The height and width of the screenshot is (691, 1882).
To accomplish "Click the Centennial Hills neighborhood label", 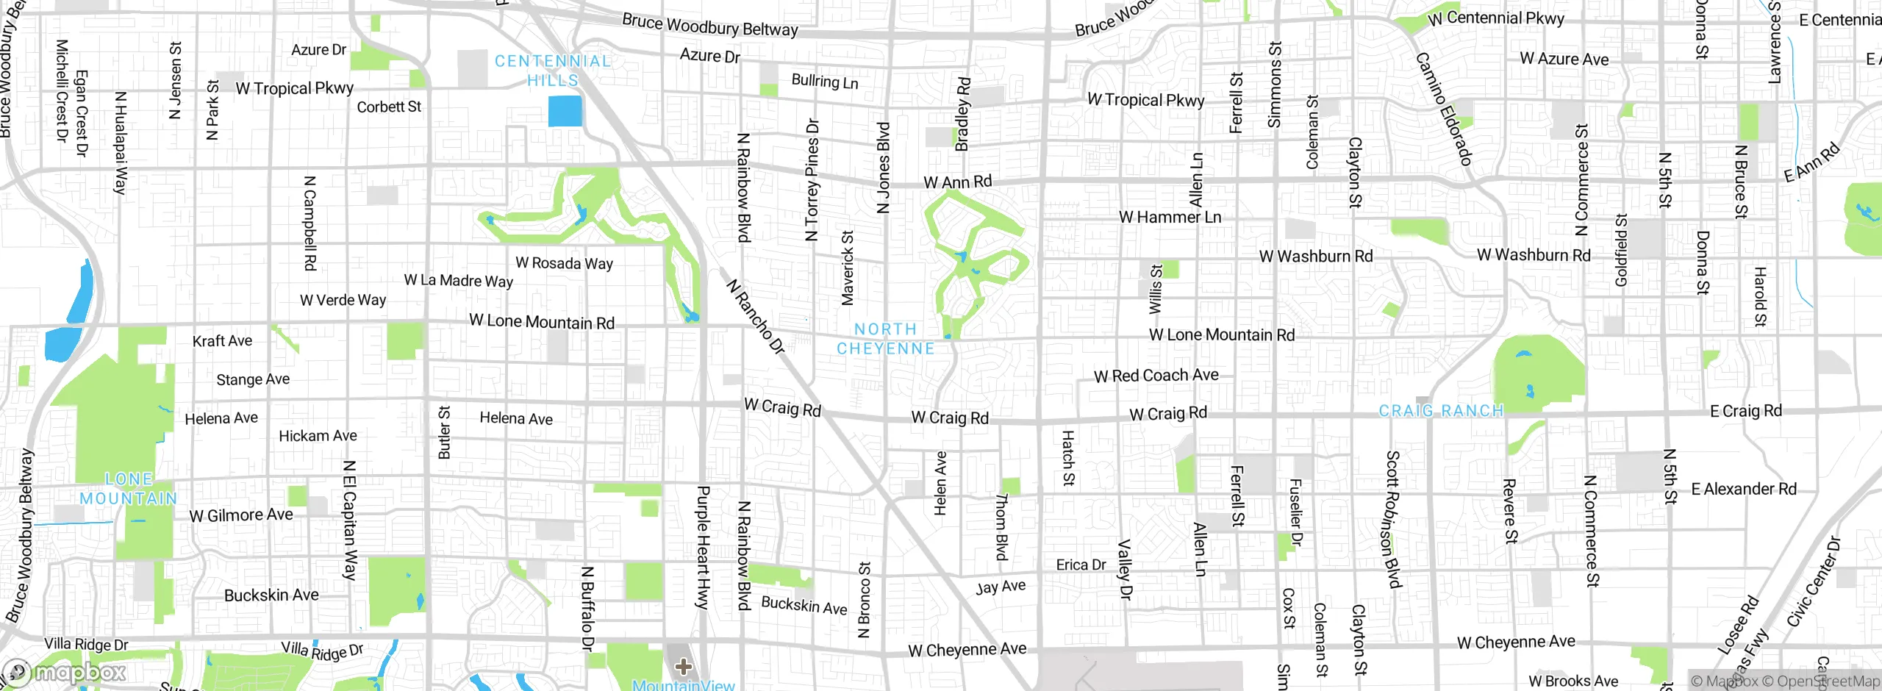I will point(553,71).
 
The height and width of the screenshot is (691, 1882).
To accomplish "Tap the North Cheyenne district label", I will point(886,339).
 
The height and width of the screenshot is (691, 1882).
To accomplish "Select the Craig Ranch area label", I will point(1441,411).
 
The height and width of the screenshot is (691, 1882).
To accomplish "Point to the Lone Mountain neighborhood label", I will point(129,489).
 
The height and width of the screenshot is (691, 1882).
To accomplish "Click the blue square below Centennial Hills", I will point(565,112).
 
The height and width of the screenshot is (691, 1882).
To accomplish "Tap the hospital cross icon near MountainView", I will point(684,667).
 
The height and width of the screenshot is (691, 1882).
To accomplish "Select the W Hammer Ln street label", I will point(1170,217).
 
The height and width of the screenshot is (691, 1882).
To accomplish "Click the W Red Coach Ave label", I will point(1156,376).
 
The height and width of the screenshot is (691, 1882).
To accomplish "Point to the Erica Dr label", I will point(1081,565).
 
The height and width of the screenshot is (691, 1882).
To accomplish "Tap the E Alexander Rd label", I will point(1743,489).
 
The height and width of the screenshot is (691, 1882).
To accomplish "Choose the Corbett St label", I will point(389,107).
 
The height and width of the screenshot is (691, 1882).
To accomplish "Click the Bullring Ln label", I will point(824,81).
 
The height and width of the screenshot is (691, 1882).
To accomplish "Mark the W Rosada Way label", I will point(564,263).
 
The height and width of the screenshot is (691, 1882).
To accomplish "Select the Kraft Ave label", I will point(222,341).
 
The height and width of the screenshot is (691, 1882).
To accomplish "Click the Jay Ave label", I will point(1001,587).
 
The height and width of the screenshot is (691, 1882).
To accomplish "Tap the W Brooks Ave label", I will point(1573,681).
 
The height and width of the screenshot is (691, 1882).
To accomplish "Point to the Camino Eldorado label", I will point(1444,109).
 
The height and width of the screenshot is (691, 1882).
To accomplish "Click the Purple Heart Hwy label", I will point(703,547).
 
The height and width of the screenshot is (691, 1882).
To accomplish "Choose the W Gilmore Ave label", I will point(241,515).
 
